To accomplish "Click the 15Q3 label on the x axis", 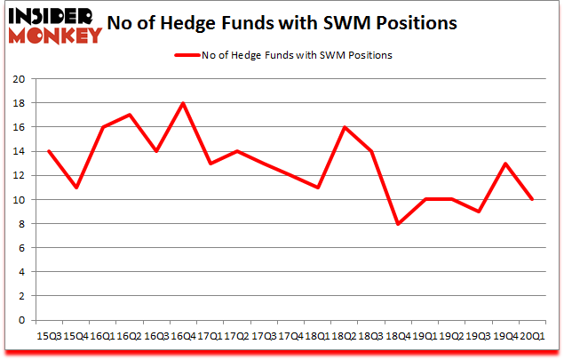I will [49, 336].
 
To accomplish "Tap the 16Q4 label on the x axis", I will [183, 336].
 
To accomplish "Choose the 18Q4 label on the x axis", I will [397, 336].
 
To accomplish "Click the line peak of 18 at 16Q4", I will [183, 103].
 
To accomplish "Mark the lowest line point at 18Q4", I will [397, 224].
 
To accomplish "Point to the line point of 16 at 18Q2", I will [344, 127].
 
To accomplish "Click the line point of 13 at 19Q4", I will [504, 164].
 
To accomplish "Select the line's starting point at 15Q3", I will [49, 151].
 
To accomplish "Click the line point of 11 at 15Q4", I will [75, 188].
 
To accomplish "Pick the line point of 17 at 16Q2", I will [130, 115].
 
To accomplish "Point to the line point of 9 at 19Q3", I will [478, 212].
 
